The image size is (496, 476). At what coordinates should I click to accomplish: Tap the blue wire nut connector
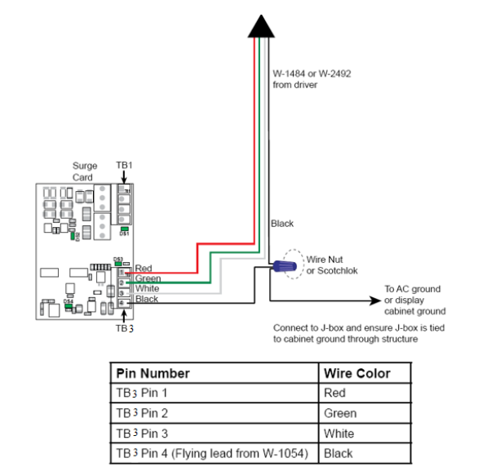285,265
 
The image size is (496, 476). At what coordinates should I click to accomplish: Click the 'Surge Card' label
84,171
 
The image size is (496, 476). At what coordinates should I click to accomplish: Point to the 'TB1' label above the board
124,165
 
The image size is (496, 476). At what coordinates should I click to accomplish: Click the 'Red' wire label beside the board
144,268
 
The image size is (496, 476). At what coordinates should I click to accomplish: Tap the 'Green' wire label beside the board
148,278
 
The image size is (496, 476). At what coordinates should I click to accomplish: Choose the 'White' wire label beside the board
147,288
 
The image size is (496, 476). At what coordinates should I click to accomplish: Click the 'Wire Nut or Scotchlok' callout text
331,265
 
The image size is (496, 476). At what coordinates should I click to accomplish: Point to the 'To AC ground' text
413,289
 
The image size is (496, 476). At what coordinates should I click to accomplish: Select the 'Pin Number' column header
153,373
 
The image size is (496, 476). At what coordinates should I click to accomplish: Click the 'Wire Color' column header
356,373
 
